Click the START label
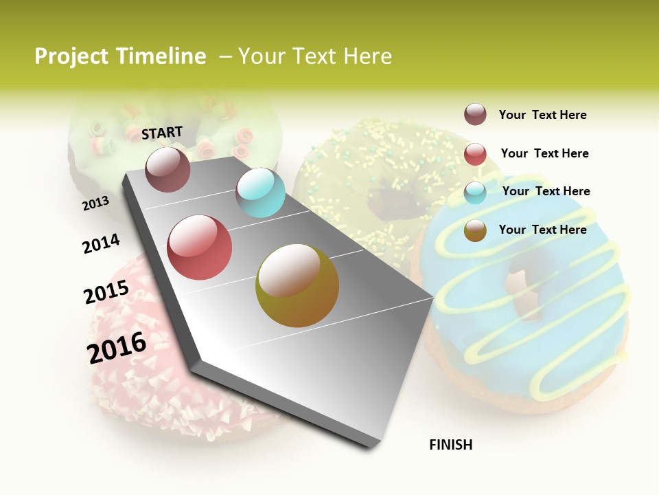click(162, 133)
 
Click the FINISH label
click(450, 445)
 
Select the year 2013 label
click(95, 203)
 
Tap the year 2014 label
click(101, 243)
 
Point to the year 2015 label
click(106, 292)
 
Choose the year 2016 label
click(117, 347)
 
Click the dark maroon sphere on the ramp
click(167, 170)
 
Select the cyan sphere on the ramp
click(260, 192)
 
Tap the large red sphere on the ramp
click(200, 247)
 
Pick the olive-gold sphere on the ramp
click(297, 285)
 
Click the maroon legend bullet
click(475, 115)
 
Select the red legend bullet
click(475, 154)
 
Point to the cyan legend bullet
click(475, 192)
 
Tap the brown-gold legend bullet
click(475, 230)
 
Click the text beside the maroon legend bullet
click(542, 115)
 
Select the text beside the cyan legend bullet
click(546, 191)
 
